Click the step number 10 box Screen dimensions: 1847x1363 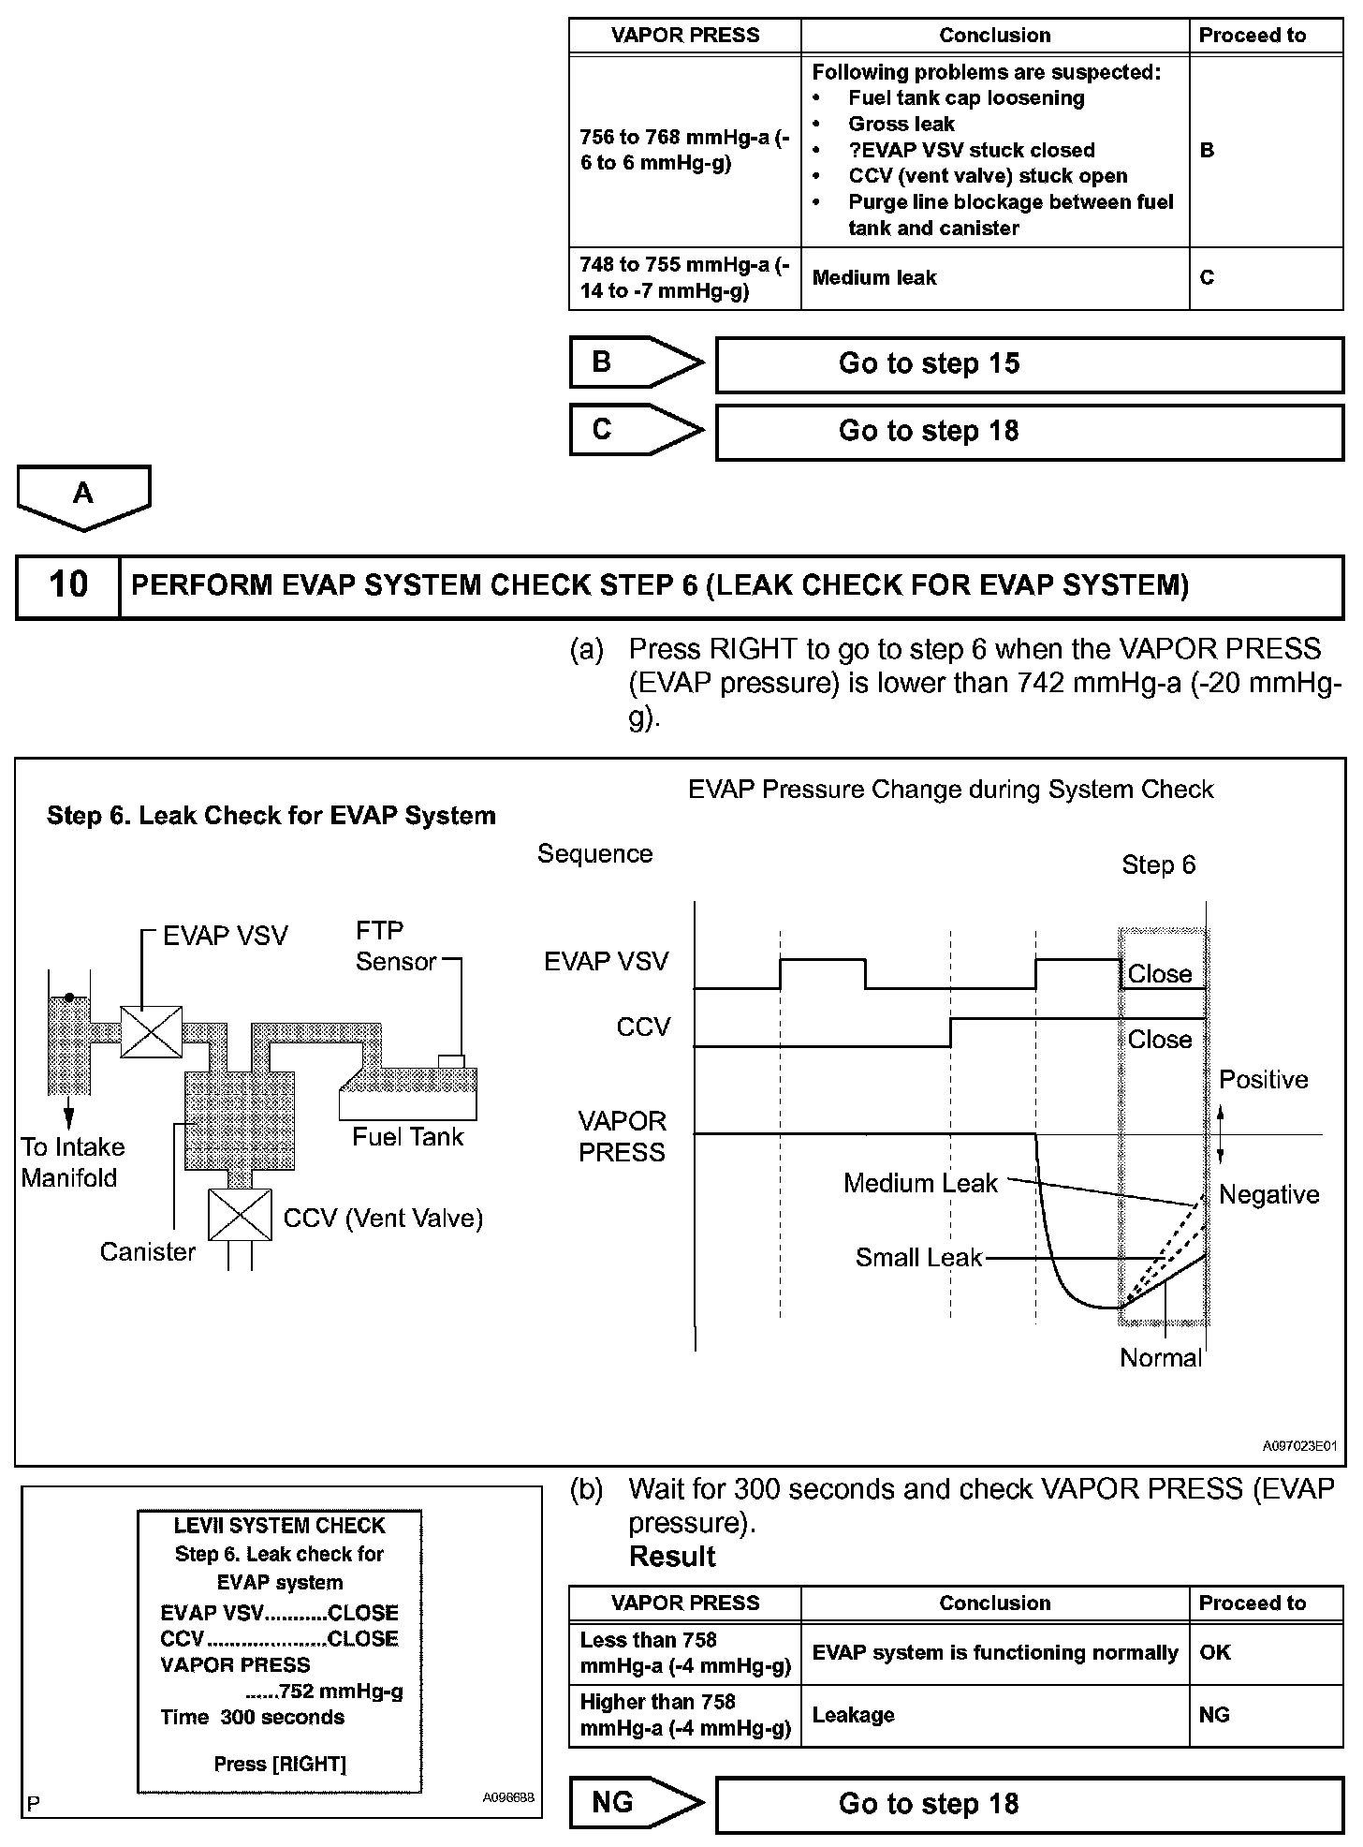[x=67, y=585]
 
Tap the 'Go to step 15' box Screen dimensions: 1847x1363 [x=1029, y=364]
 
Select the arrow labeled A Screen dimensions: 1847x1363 [x=83, y=495]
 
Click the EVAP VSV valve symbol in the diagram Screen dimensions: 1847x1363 [x=152, y=1031]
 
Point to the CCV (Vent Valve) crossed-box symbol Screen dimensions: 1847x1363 [x=240, y=1215]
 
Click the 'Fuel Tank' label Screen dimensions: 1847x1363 [x=407, y=1137]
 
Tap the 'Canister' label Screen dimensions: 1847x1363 [x=148, y=1252]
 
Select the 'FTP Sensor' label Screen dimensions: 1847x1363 [x=395, y=946]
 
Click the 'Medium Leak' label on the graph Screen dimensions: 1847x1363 [x=920, y=1183]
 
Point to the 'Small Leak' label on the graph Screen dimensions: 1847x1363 [x=918, y=1258]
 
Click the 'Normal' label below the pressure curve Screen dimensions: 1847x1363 [x=1161, y=1358]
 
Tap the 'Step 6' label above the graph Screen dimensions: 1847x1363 [x=1158, y=864]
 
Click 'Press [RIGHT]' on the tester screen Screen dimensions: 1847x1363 [x=280, y=1765]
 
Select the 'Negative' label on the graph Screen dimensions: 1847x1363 [x=1268, y=1194]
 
